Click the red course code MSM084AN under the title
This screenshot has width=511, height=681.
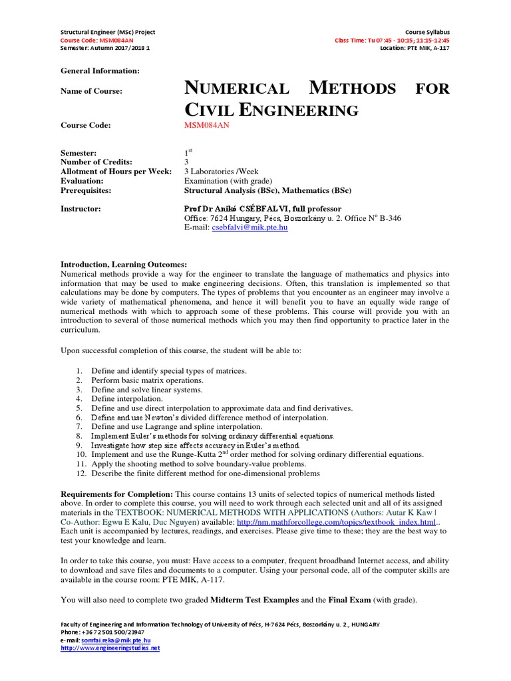[x=206, y=125]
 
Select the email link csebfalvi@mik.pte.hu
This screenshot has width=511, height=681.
[x=250, y=227]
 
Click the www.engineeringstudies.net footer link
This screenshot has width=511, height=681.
[x=110, y=648]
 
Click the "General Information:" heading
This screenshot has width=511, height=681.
[x=100, y=70]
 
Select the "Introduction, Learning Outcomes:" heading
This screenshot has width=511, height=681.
[x=124, y=264]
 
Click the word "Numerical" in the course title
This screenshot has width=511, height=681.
[x=238, y=88]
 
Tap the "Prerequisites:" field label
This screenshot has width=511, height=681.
[x=86, y=190]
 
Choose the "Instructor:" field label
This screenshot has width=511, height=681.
[x=81, y=209]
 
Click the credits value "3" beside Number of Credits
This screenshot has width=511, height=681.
[x=186, y=162]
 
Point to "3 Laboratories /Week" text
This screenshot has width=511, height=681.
[x=221, y=172]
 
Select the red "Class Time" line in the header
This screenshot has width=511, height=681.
[x=392, y=40]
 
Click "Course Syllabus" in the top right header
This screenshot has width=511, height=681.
[x=427, y=32]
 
